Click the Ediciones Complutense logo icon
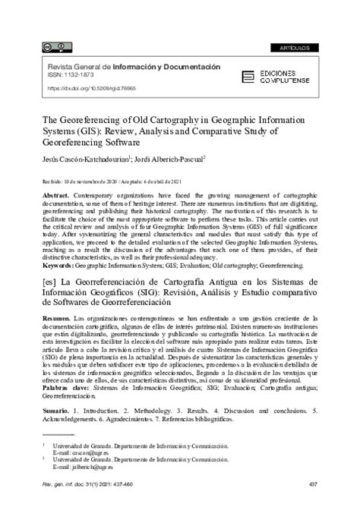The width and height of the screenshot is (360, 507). [248, 76]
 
